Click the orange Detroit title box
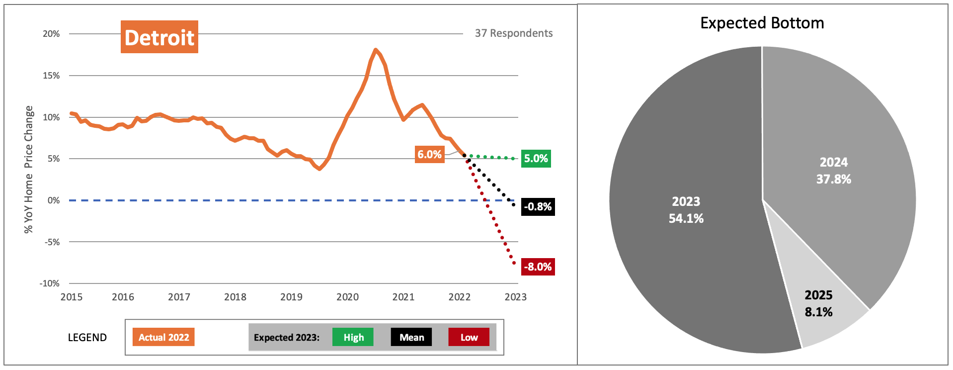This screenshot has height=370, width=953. pyautogui.click(x=159, y=37)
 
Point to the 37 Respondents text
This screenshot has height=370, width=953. pyautogui.click(x=513, y=33)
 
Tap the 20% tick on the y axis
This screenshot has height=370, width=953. pyautogui.click(x=51, y=34)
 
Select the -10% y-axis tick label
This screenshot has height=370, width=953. pyautogui.click(x=50, y=283)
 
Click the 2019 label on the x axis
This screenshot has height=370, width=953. pyautogui.click(x=291, y=297)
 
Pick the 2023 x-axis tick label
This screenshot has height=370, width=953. pyautogui.click(x=515, y=297)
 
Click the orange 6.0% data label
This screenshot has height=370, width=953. pyautogui.click(x=429, y=154)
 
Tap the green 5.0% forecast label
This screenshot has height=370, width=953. pyautogui.click(x=536, y=159)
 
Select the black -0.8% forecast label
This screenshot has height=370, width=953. pyautogui.click(x=538, y=207)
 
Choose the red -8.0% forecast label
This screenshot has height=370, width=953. pyautogui.click(x=538, y=267)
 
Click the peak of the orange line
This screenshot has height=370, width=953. pyautogui.click(x=376, y=50)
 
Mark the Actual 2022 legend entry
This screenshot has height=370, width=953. pyautogui.click(x=163, y=337)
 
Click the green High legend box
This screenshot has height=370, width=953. pyautogui.click(x=353, y=337)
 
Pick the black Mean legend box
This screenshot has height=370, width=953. pyautogui.click(x=411, y=337)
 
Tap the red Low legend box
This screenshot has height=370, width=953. pyautogui.click(x=469, y=337)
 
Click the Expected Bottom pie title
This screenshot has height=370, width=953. pyautogui.click(x=762, y=23)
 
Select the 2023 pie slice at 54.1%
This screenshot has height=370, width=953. pyautogui.click(x=686, y=209)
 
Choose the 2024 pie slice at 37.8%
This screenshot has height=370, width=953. pyautogui.click(x=833, y=170)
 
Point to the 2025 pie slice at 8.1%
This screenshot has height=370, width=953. pyautogui.click(x=818, y=303)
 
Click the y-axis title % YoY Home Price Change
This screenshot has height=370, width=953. pyautogui.click(x=29, y=169)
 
